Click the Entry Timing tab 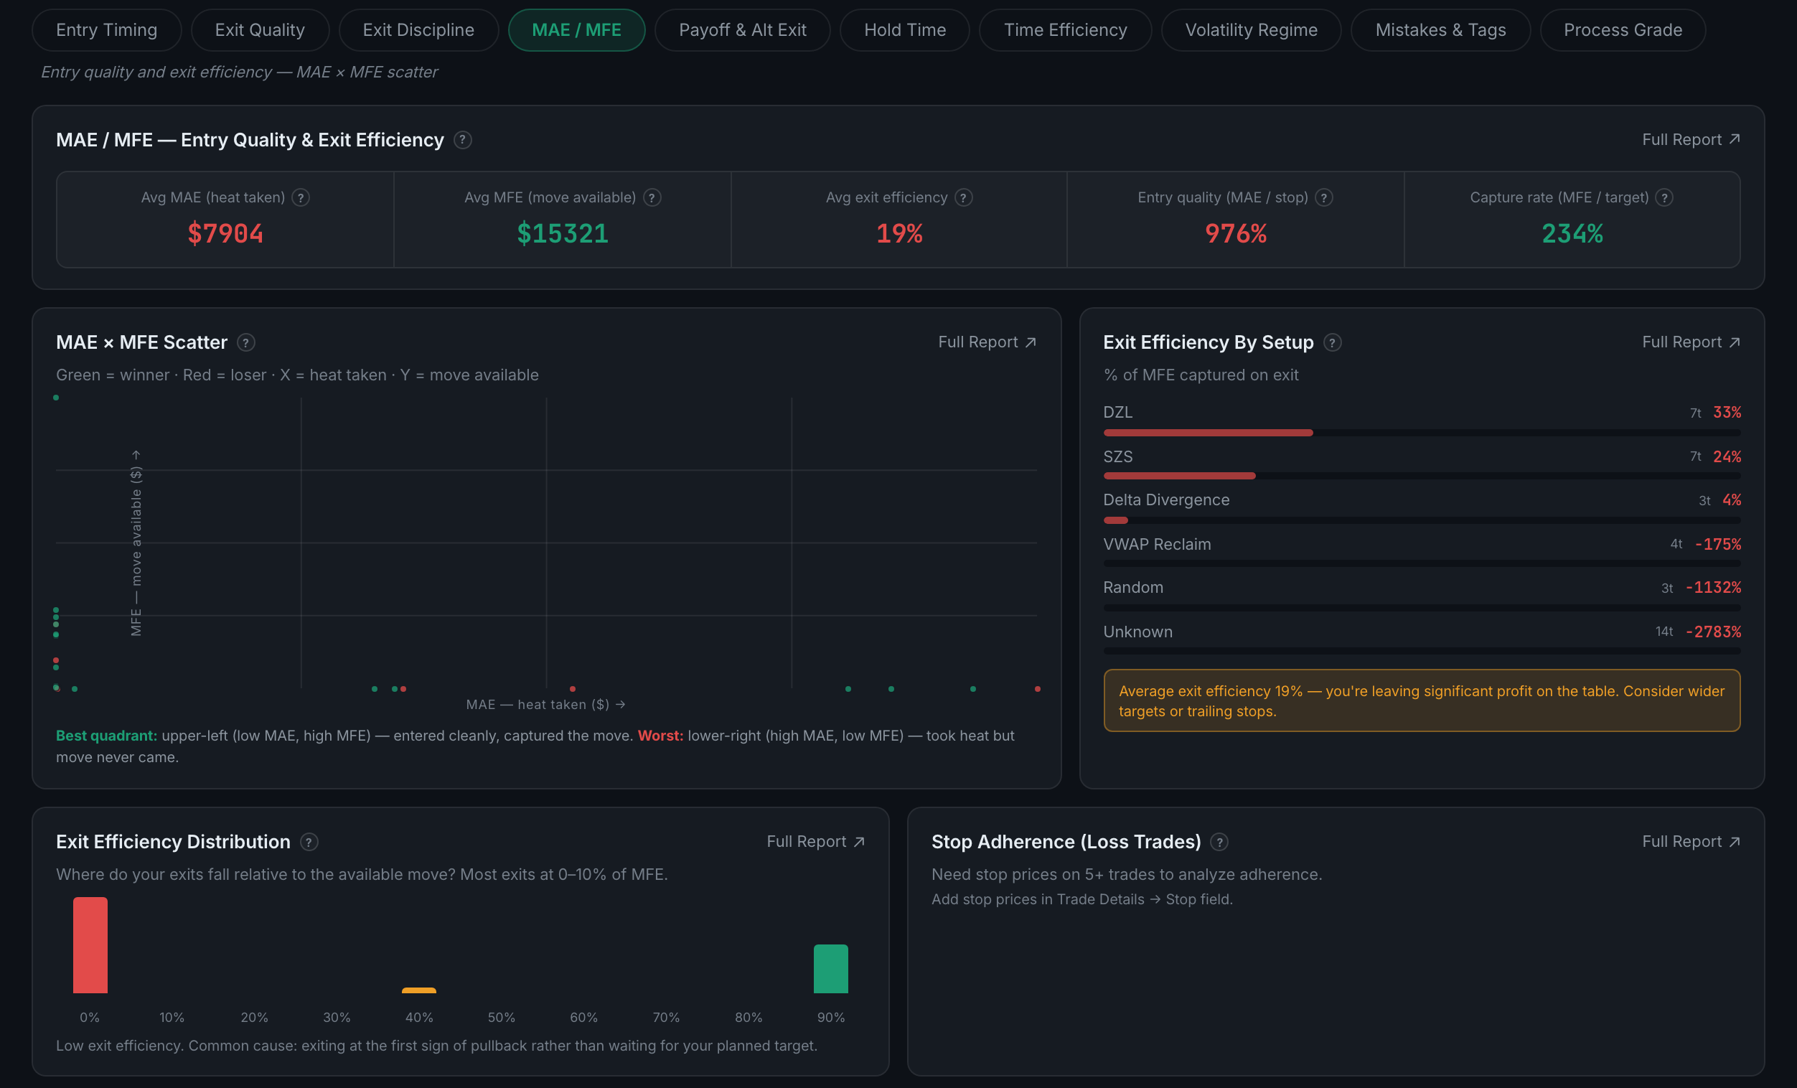click(106, 30)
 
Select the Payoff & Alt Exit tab click(743, 30)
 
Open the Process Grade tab click(1623, 30)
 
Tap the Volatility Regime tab click(1252, 30)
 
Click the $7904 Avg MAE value click(225, 233)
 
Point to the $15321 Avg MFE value click(563, 233)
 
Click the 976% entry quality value click(1236, 233)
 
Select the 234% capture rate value click(1572, 233)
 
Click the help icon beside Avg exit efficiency click(963, 197)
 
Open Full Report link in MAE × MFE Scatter click(987, 342)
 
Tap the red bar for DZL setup click(1208, 433)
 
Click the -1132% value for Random click(1713, 588)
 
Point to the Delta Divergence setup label click(1166, 500)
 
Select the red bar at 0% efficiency click(90, 945)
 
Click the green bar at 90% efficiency click(830, 969)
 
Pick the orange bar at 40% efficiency click(418, 990)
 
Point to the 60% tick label click(583, 1017)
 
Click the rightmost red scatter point click(1037, 688)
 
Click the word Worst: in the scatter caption click(660, 736)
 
